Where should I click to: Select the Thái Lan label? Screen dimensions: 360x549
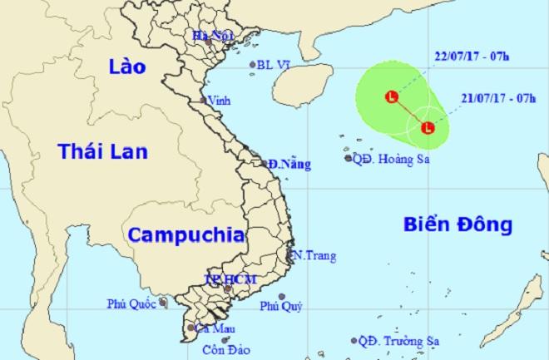pyautogui.click(x=101, y=152)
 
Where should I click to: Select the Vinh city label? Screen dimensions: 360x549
pyautogui.click(x=218, y=101)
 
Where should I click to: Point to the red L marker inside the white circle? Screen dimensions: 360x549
pyautogui.click(x=428, y=127)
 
